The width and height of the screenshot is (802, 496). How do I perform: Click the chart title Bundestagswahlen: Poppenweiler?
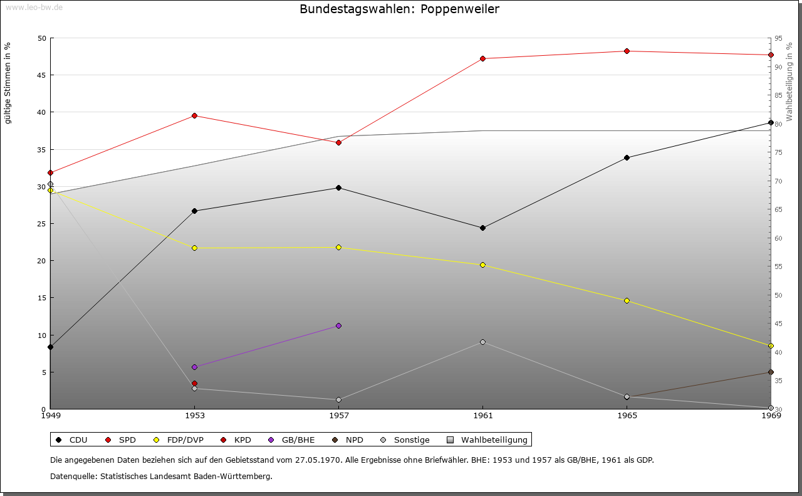pos(399,9)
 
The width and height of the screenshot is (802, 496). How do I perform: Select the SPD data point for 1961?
pos(482,58)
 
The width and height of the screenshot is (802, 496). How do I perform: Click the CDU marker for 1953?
pos(194,211)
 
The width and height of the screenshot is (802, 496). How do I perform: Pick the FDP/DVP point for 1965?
pos(627,300)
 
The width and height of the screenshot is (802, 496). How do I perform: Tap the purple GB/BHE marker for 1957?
pos(338,325)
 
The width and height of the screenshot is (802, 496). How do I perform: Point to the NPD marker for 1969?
pos(771,372)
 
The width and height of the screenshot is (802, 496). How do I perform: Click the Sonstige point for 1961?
pos(482,342)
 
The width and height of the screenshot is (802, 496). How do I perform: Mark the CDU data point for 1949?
pos(50,347)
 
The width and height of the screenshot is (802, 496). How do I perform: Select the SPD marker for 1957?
pos(338,142)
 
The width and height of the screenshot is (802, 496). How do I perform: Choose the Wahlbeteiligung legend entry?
pos(488,440)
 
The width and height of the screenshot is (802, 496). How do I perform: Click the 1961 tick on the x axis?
pos(482,415)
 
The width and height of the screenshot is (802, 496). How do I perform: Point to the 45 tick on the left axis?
pos(42,75)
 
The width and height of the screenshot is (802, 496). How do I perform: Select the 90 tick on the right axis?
pos(778,66)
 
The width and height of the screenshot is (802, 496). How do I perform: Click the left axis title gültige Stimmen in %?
pos(8,83)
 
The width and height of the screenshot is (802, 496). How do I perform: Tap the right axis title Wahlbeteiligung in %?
pos(789,82)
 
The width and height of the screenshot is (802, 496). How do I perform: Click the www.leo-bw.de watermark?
pos(34,7)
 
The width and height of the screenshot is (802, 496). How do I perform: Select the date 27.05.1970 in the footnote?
pos(318,460)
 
